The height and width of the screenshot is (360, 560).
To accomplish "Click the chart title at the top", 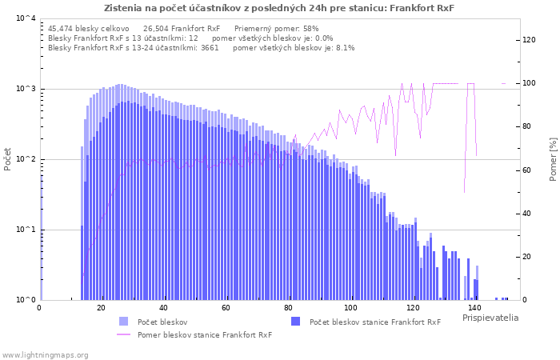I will [278, 8].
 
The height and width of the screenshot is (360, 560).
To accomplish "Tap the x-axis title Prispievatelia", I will [490, 318].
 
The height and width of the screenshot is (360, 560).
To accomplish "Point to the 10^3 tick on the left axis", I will [25, 89].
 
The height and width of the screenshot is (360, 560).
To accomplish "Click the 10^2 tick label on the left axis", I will [25, 159].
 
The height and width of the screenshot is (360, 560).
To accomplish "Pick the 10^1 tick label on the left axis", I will [25, 230].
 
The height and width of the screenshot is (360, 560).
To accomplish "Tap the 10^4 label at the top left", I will [25, 18].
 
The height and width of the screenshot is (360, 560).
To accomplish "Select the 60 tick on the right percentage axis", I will [528, 170].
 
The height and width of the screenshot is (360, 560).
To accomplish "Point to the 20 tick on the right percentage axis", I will [528, 257].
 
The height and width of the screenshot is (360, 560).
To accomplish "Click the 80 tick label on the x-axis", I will [288, 308].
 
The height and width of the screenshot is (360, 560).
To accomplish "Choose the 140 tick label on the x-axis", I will [474, 308].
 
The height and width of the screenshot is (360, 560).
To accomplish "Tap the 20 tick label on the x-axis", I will [101, 308].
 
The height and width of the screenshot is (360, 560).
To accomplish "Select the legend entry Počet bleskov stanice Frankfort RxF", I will [374, 322].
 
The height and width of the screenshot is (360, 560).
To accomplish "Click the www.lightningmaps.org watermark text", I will [46, 354].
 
